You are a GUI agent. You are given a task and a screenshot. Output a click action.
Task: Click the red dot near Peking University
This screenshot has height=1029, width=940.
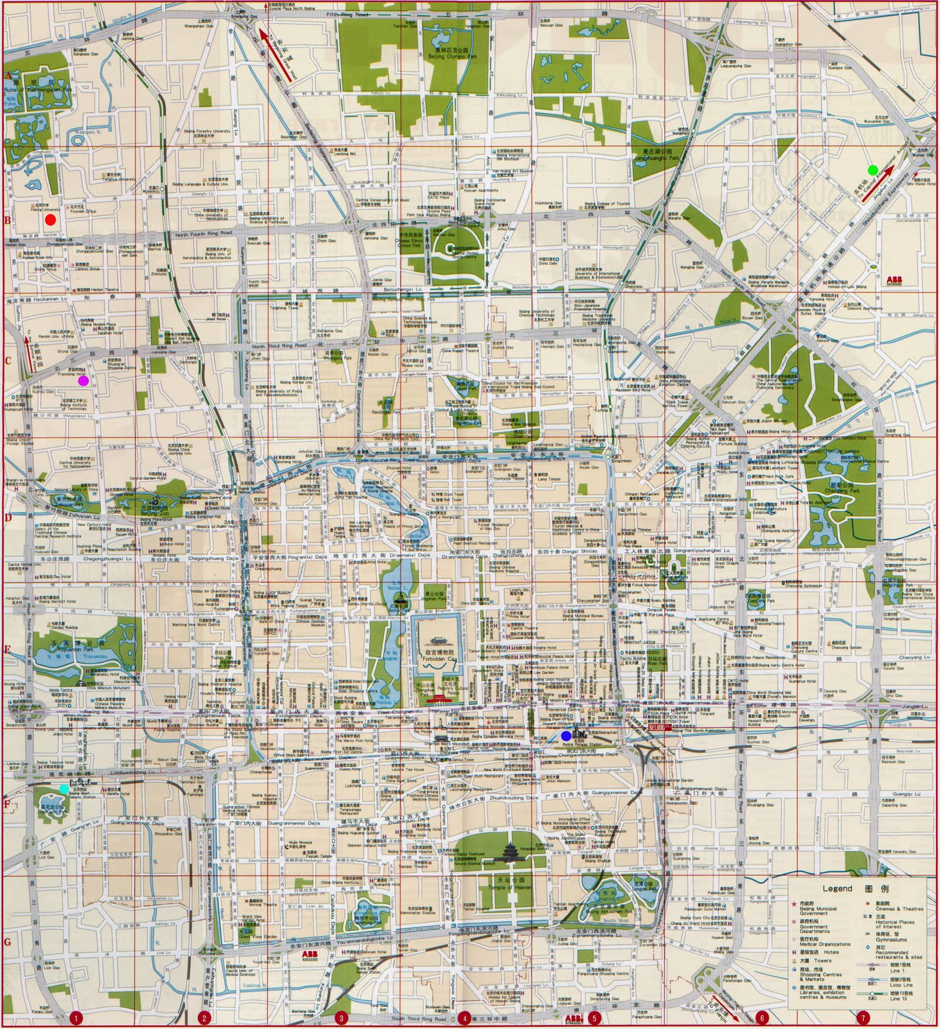[x=50, y=220]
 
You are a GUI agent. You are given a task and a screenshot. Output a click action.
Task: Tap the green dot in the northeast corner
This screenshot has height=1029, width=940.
[x=872, y=170]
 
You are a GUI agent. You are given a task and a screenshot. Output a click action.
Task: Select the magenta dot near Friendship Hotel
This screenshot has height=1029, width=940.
[x=83, y=381]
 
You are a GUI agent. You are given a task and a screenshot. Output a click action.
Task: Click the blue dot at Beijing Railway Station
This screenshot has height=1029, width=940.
[x=566, y=736]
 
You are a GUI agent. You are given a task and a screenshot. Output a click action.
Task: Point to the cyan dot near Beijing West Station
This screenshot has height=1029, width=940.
[x=64, y=788]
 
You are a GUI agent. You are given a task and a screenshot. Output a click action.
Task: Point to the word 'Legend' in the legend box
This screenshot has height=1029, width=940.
[x=838, y=888]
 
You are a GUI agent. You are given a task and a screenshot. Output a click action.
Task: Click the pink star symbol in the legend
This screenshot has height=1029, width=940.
[x=794, y=904]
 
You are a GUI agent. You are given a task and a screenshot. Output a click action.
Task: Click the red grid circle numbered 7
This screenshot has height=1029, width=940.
[x=863, y=1018]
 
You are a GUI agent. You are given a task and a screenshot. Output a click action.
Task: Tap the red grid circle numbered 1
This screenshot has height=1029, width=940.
[x=76, y=1018]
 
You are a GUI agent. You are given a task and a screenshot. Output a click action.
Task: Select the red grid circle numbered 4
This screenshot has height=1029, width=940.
[x=464, y=1018]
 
